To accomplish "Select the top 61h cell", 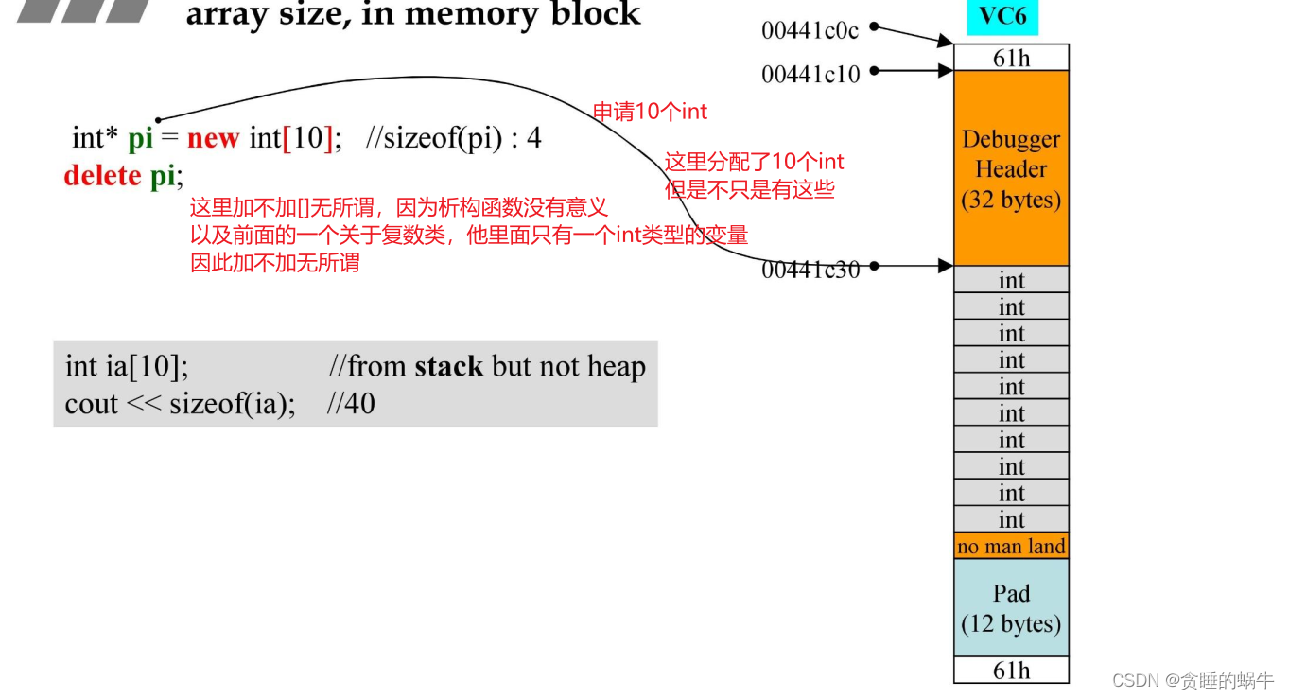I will point(1011,58).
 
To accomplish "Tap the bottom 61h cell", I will point(1011,671).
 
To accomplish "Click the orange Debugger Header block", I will point(1011,168).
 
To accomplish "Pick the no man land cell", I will point(1011,547).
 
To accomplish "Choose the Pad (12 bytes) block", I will point(1011,608).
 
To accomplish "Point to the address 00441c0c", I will point(810,31).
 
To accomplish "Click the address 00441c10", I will point(810,74).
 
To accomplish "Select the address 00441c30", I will point(810,271).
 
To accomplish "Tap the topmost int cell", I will point(1011,280).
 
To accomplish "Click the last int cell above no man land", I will point(1011,519).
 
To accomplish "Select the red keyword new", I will point(213,138).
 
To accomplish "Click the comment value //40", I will point(351,404).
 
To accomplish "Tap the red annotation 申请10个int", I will point(650,112).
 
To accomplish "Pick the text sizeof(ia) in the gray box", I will point(232,404).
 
